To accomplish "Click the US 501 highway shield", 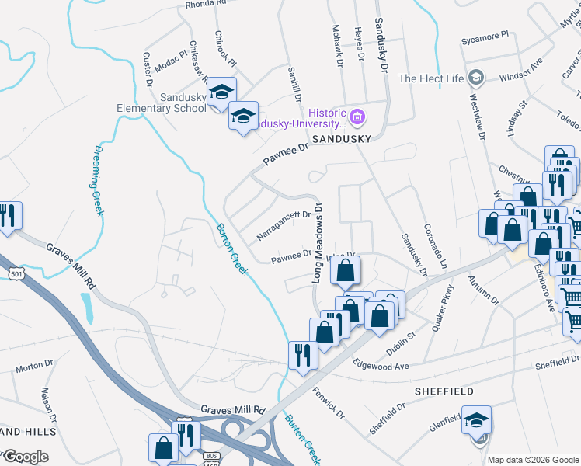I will (x=16, y=273).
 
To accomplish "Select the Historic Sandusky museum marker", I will (x=357, y=118).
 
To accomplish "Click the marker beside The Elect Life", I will (x=476, y=78).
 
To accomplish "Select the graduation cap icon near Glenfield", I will (x=476, y=419).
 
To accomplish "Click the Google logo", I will (x=26, y=457).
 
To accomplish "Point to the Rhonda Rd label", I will (x=205, y=4).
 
